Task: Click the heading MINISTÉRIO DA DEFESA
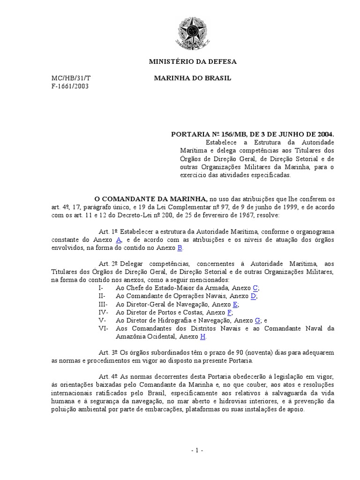pyautogui.click(x=193, y=61)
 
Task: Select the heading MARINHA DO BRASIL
pyautogui.click(x=193, y=78)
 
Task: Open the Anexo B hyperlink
pyautogui.click(x=179, y=247)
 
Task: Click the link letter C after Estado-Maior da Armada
pyautogui.click(x=255, y=288)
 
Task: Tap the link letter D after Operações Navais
pyautogui.click(x=253, y=296)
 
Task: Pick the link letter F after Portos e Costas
pyautogui.click(x=229, y=312)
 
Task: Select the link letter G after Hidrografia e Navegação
pyautogui.click(x=257, y=320)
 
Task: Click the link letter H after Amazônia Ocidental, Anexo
pyautogui.click(x=202, y=336)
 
